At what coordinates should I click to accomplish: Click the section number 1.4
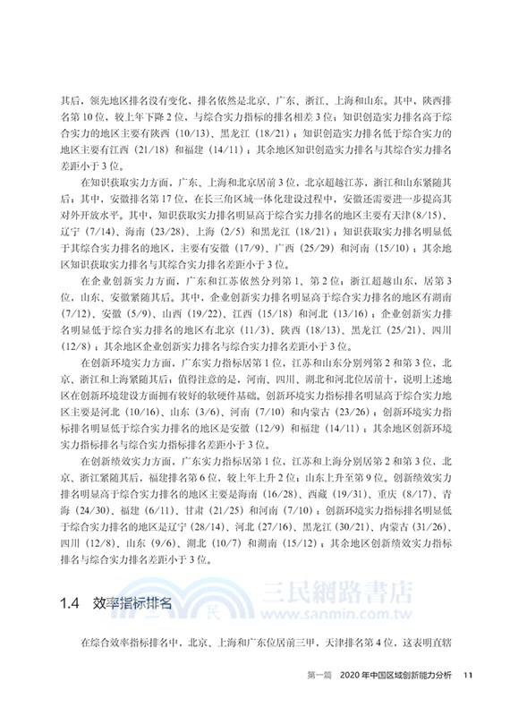[69, 602]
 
